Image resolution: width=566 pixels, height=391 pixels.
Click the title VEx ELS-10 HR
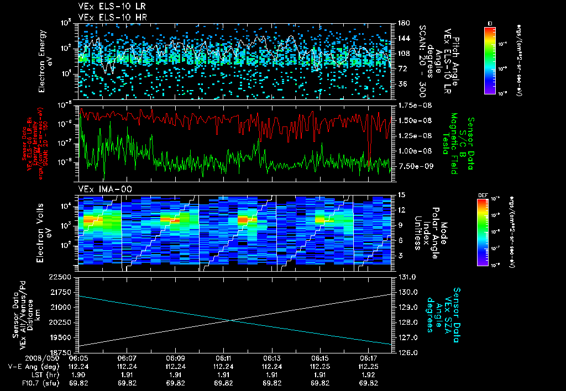click(x=106, y=18)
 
